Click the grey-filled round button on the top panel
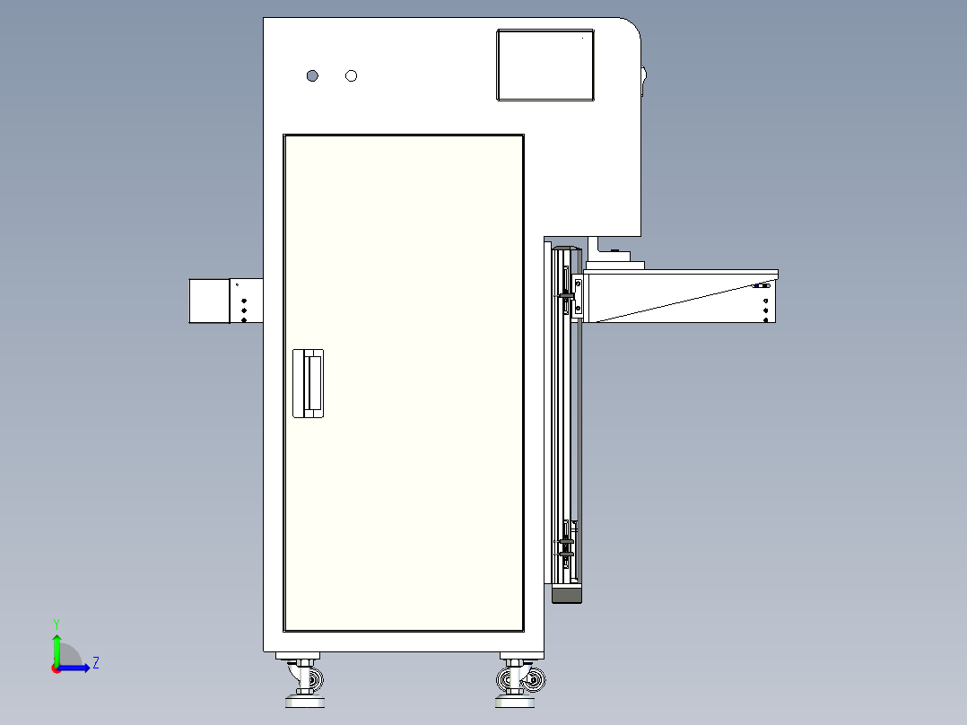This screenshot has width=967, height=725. tap(312, 75)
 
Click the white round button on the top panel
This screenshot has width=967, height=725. tap(352, 75)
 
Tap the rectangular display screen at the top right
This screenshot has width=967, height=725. tap(545, 65)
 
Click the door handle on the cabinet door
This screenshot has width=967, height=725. tap(308, 383)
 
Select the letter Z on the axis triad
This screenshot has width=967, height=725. tap(96, 663)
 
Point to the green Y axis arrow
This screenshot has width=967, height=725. tap(57, 646)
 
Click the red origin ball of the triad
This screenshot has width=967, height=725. tap(56, 668)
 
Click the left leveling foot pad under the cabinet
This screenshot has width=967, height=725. tap(305, 702)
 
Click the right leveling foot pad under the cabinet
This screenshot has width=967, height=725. tap(514, 702)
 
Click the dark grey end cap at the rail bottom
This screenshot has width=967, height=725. tap(566, 594)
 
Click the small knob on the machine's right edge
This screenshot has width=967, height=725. tap(643, 79)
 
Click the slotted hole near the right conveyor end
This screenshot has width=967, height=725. tap(760, 285)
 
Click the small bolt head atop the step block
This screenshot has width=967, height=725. tap(614, 250)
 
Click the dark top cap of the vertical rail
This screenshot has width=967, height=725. tap(565, 247)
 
